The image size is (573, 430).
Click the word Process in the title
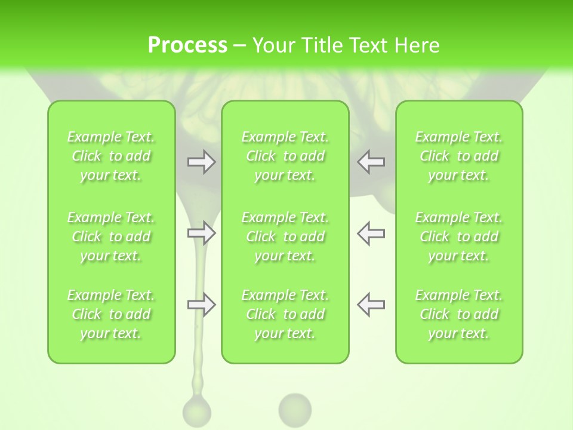click(x=187, y=45)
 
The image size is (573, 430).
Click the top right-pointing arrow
click(x=202, y=162)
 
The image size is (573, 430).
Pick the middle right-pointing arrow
click(x=202, y=233)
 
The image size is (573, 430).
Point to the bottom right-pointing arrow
click(x=202, y=305)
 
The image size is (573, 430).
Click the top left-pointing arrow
click(x=371, y=162)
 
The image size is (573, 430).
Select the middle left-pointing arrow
click(x=371, y=233)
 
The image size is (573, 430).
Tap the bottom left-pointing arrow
click(x=371, y=305)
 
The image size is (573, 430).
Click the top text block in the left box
click(x=111, y=156)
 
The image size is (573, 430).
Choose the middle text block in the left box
click(x=111, y=236)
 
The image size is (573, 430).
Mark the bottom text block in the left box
click(x=111, y=314)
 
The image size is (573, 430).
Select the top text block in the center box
click(x=285, y=156)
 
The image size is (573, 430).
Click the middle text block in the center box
click(x=285, y=236)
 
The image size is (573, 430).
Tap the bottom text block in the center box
click(x=285, y=314)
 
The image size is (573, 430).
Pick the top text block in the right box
click(x=459, y=156)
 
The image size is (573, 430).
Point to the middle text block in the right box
click(x=459, y=236)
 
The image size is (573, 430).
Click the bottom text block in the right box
click(x=459, y=314)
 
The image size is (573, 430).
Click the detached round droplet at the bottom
click(x=295, y=408)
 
